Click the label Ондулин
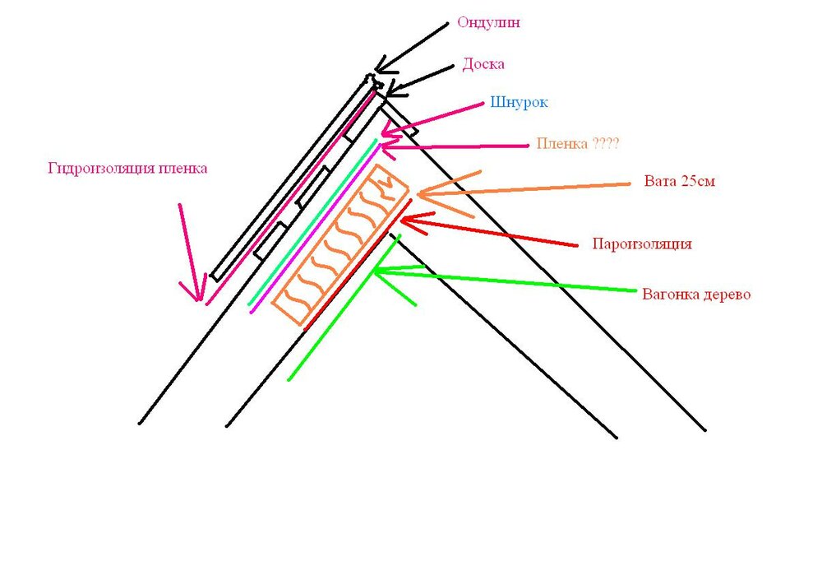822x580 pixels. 488,22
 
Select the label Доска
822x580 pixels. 483,64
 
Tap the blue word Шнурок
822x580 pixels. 519,102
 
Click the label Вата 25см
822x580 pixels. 680,182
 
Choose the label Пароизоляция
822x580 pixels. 642,244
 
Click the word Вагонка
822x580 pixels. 668,294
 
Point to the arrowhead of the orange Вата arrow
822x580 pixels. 419,194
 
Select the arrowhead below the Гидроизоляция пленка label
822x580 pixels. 200,300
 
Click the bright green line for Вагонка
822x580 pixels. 344,307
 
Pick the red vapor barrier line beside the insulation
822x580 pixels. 358,264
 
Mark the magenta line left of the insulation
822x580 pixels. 315,229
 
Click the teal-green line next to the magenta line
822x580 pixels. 312,222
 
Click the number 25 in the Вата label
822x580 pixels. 689,182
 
